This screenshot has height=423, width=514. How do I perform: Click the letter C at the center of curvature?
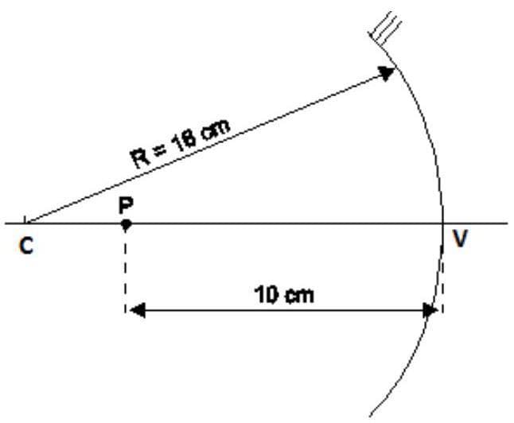(26, 247)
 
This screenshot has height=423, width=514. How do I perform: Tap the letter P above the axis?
(125, 204)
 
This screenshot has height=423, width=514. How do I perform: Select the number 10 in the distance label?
(265, 296)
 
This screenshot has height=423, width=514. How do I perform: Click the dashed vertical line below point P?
(125, 270)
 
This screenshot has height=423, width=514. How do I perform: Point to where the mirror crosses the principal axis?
(444, 223)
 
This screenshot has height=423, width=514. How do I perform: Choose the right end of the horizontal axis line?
(506, 223)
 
